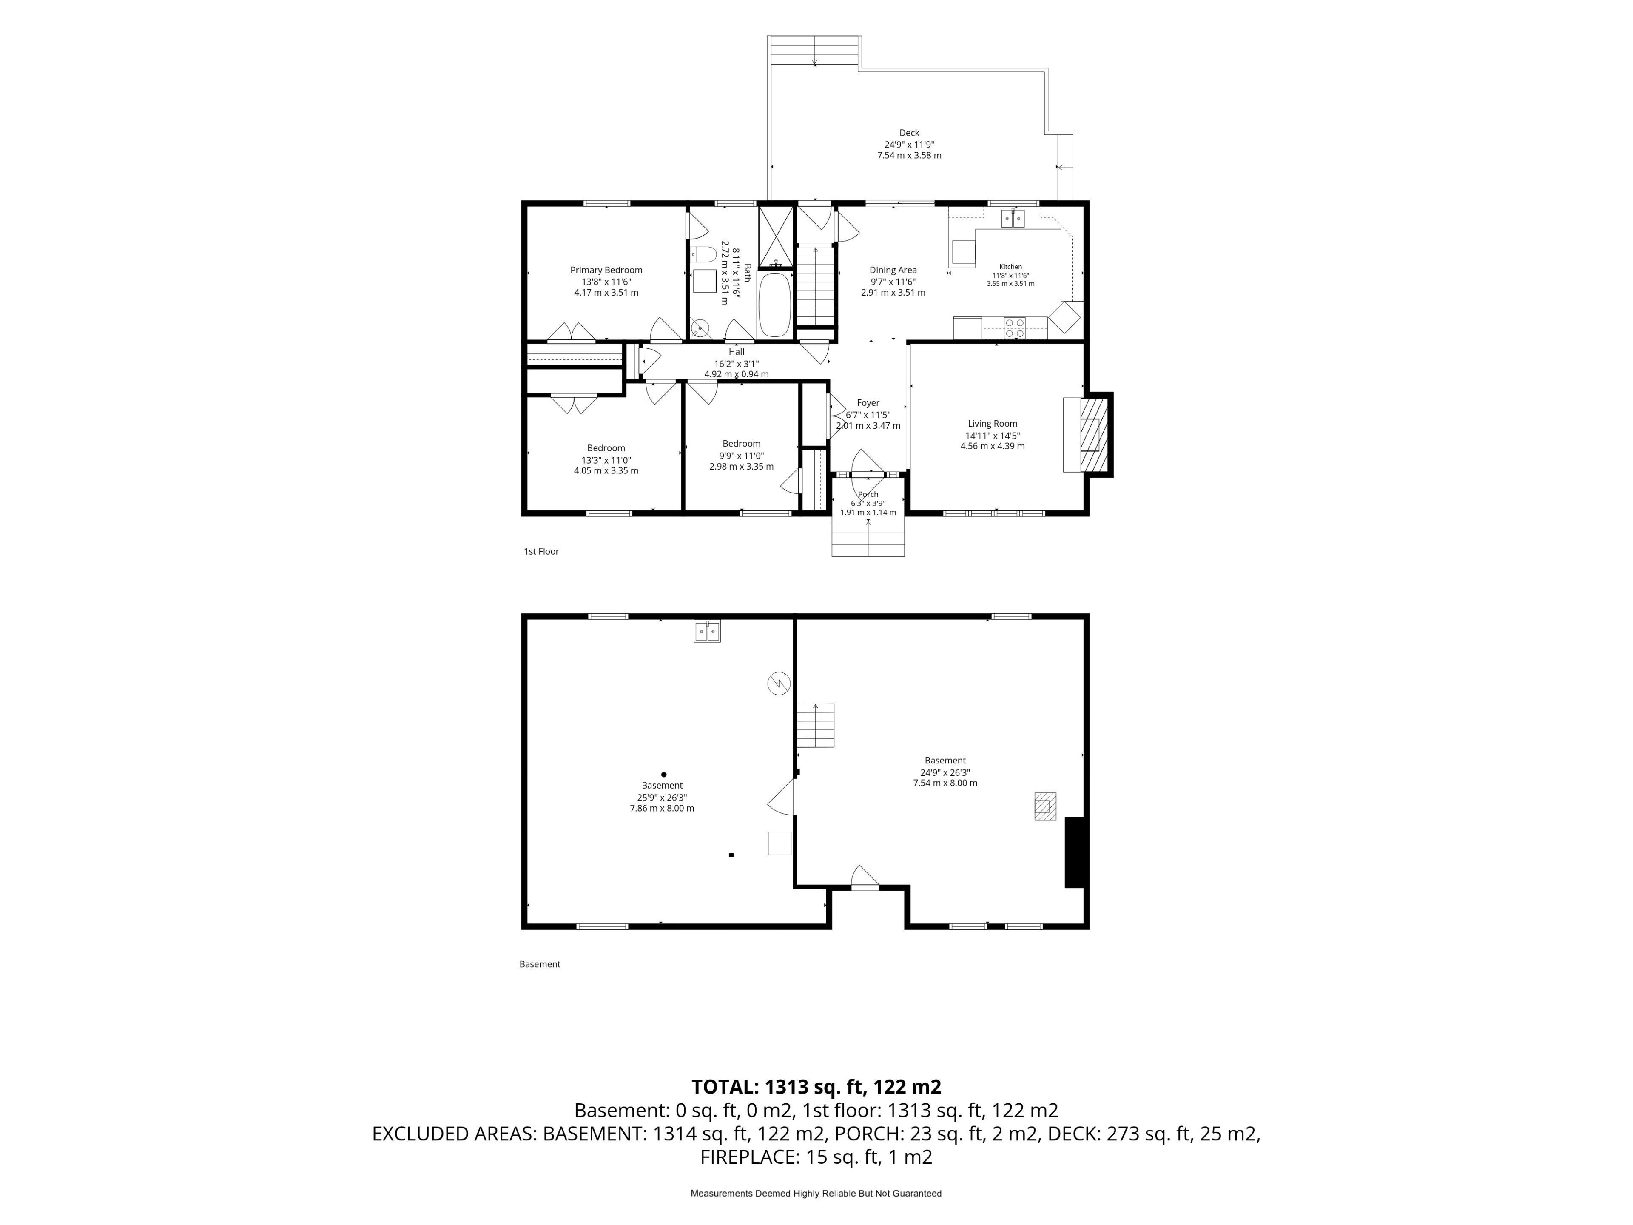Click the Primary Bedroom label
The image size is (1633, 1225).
[x=606, y=270]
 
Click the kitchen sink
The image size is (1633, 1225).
[x=1013, y=219]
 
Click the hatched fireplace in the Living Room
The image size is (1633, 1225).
[x=1095, y=435]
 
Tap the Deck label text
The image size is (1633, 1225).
[x=909, y=133]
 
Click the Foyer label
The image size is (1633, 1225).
[x=868, y=403]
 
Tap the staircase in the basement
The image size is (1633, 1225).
[x=815, y=725]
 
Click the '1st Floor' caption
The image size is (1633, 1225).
[x=541, y=552]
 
